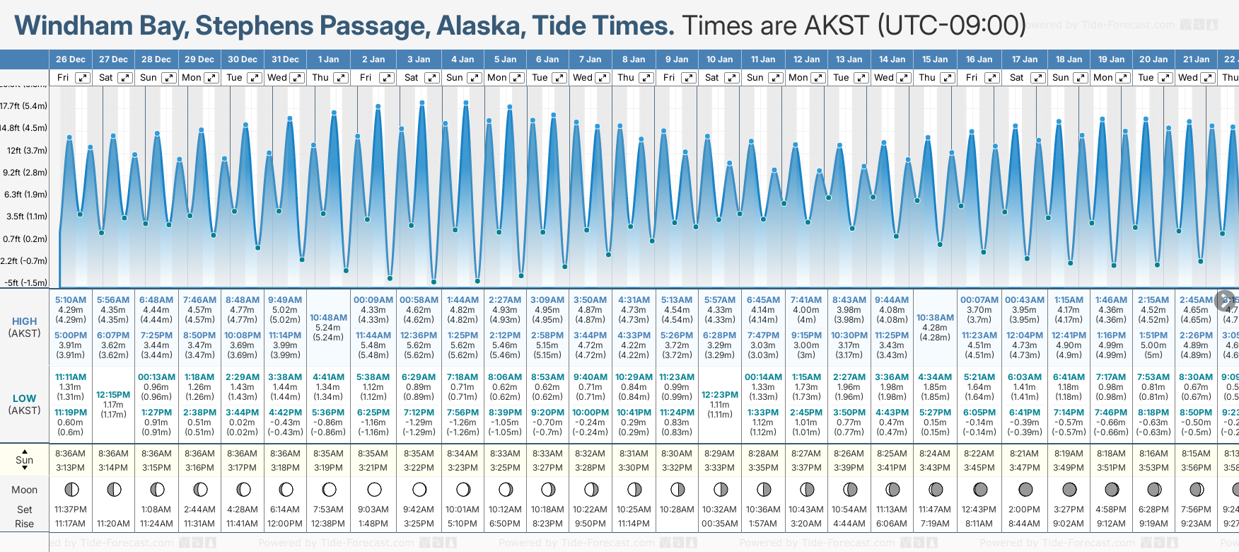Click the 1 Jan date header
(328, 59)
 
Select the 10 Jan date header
(719, 59)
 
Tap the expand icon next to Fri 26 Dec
(83, 78)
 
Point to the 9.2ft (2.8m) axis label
(25, 173)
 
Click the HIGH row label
(25, 321)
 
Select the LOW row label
(25, 398)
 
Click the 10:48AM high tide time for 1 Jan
(328, 318)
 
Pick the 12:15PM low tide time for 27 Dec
(113, 395)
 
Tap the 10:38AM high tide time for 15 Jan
(935, 318)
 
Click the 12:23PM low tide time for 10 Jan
(720, 395)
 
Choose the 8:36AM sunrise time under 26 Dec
(70, 454)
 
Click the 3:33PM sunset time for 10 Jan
(720, 468)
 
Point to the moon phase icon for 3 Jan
(419, 489)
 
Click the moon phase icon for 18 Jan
(1069, 489)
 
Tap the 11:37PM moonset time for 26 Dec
(70, 510)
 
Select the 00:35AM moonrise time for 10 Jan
(720, 524)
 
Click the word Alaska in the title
(480, 26)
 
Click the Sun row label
(25, 460)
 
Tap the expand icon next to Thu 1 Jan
(341, 78)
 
